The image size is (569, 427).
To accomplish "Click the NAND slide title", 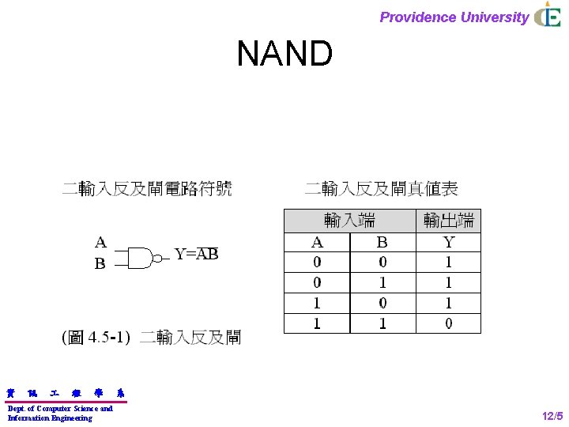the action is (x=284, y=55).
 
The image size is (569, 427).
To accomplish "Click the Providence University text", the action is (x=454, y=17).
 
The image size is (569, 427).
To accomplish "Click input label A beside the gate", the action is (x=100, y=242).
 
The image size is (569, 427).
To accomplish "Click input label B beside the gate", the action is (x=100, y=264).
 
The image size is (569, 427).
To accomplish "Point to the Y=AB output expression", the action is (x=196, y=254).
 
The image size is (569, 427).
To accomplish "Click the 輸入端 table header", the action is (x=349, y=221).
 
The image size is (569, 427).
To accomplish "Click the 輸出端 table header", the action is (x=449, y=221).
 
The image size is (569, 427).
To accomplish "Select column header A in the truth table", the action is (x=317, y=242).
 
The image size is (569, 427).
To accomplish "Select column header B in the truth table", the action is (x=382, y=242).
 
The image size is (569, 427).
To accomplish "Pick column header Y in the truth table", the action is (x=449, y=242).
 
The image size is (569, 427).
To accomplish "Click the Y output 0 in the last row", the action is (x=449, y=323).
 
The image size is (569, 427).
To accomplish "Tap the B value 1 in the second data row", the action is (x=382, y=282).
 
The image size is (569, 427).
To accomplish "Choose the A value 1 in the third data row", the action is (x=317, y=303).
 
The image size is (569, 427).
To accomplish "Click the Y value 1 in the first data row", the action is (x=449, y=262).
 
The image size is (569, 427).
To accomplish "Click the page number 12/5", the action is (x=552, y=415).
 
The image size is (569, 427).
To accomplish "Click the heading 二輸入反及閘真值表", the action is (x=381, y=188).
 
